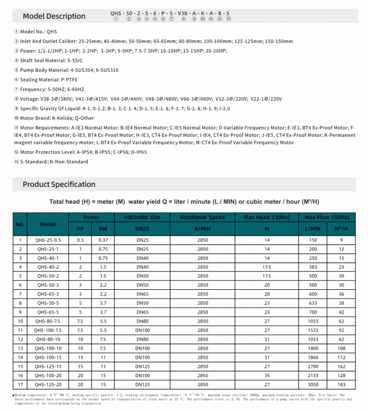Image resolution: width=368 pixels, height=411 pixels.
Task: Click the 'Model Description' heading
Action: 54,16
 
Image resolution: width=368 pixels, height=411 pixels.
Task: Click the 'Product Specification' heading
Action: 59,184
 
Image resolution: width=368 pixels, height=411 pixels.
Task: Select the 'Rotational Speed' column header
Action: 202,217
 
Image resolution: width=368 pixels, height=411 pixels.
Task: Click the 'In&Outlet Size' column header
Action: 142,217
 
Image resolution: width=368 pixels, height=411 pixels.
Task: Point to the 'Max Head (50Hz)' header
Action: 266,217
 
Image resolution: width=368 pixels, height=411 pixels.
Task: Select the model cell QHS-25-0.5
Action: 48,240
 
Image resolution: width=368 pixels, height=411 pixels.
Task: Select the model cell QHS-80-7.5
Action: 48,320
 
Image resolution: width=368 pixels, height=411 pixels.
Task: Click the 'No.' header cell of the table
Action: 20,223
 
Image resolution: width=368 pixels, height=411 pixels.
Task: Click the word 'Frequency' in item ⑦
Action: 35,89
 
